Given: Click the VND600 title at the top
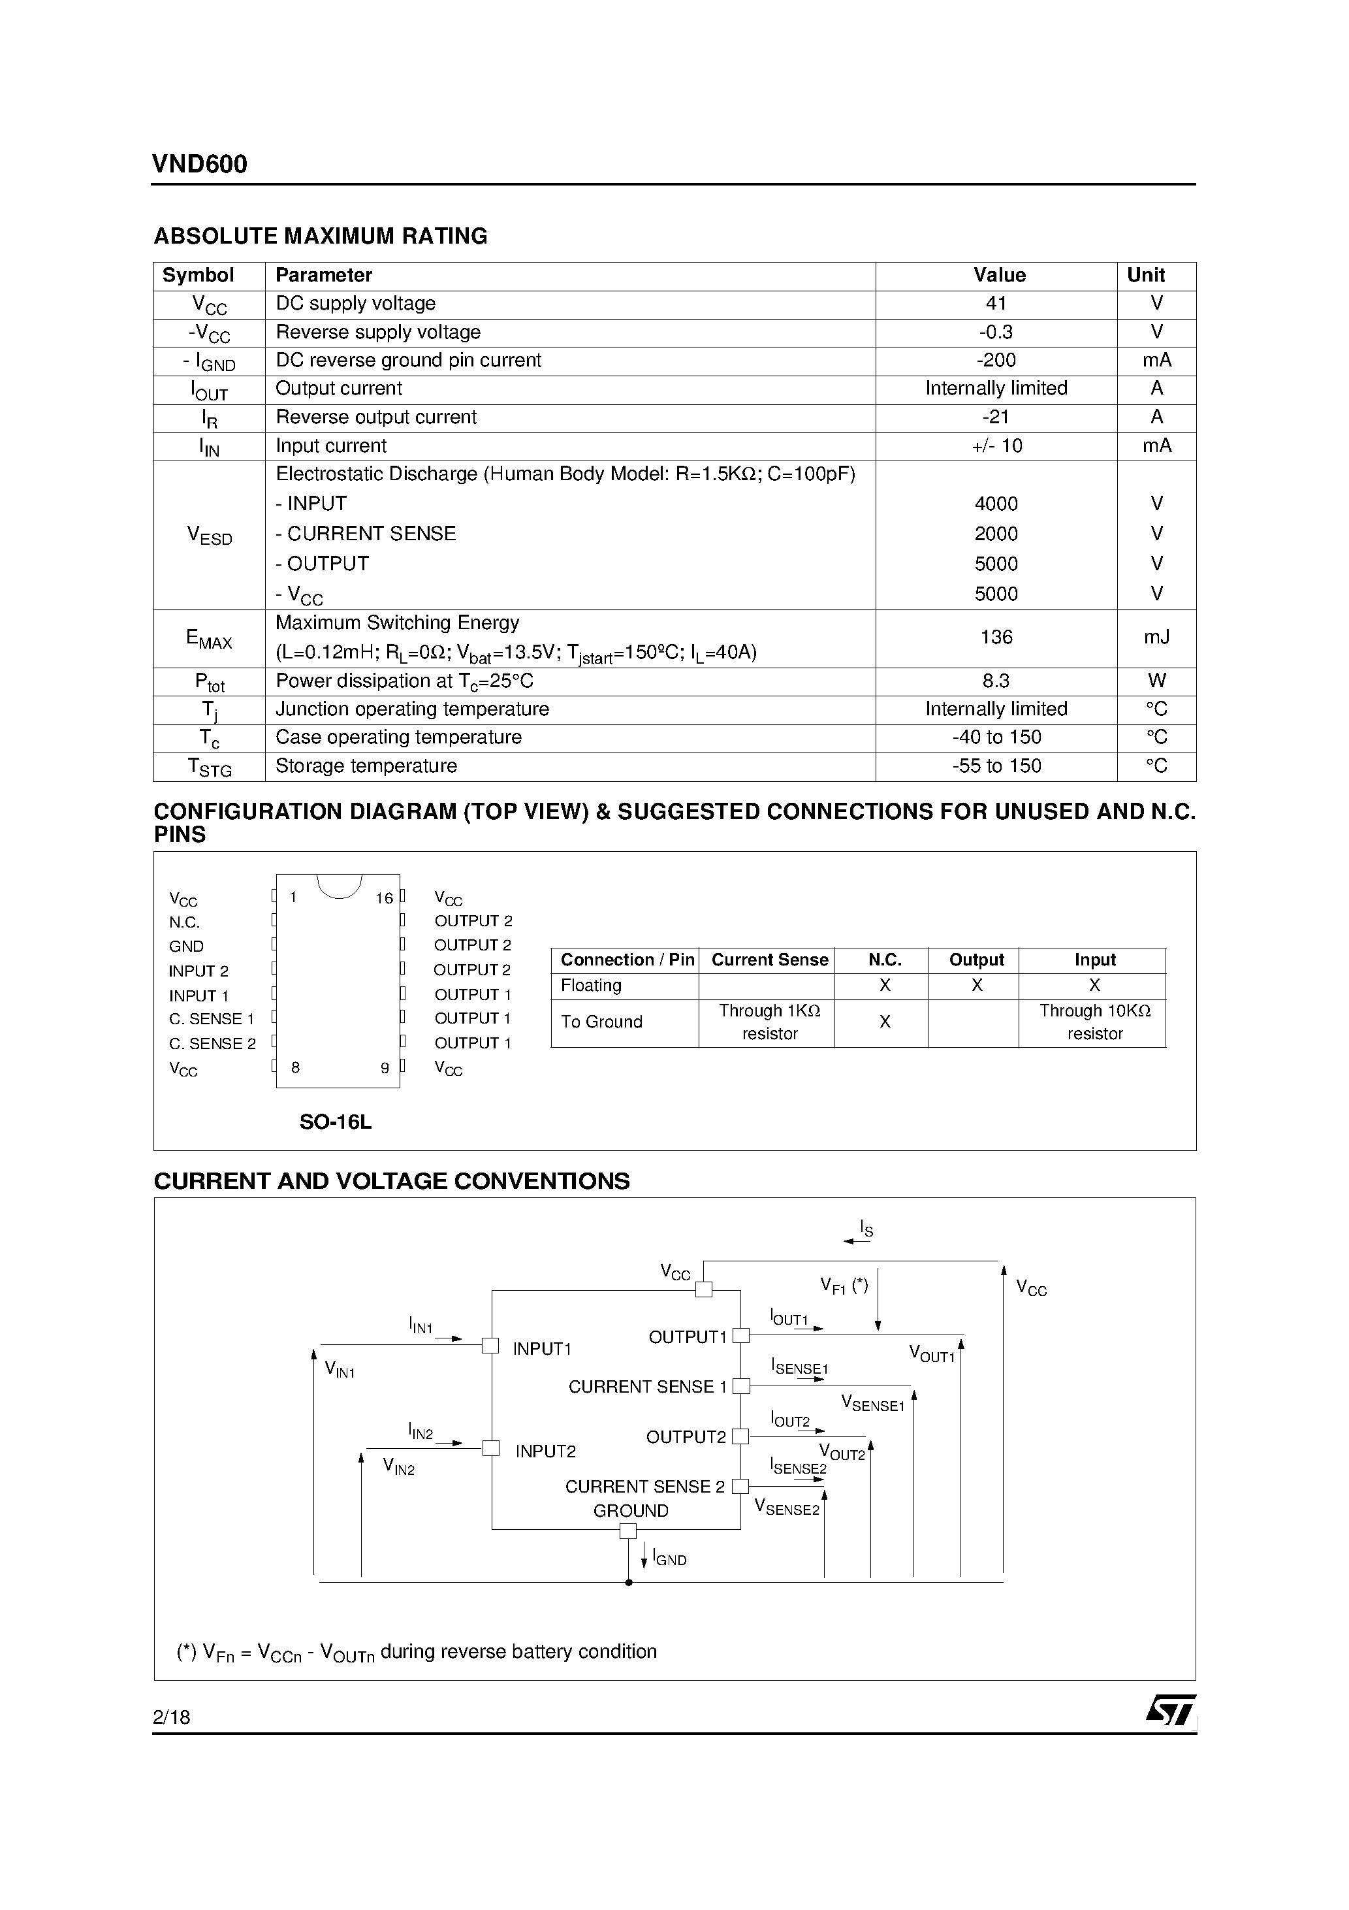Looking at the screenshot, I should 200,164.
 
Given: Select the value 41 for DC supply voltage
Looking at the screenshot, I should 996,304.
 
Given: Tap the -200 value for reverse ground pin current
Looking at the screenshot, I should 996,360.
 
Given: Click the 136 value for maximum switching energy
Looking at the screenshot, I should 996,638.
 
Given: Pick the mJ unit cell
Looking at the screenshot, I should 1156,638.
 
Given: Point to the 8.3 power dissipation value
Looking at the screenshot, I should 996,681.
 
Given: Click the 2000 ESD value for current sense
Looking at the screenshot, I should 996,533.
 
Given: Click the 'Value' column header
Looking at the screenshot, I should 999,276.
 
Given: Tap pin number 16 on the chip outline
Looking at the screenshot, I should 383,898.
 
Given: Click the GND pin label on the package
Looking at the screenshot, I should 186,947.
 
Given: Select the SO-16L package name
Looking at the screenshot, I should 335,1122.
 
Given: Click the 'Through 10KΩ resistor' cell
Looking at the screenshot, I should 1094,1022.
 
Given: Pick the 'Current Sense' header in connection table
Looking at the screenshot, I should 769,960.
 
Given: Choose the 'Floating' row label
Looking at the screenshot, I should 592,986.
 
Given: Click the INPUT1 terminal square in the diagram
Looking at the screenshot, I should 491,1345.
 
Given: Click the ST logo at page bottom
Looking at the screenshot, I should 1170,1711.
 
